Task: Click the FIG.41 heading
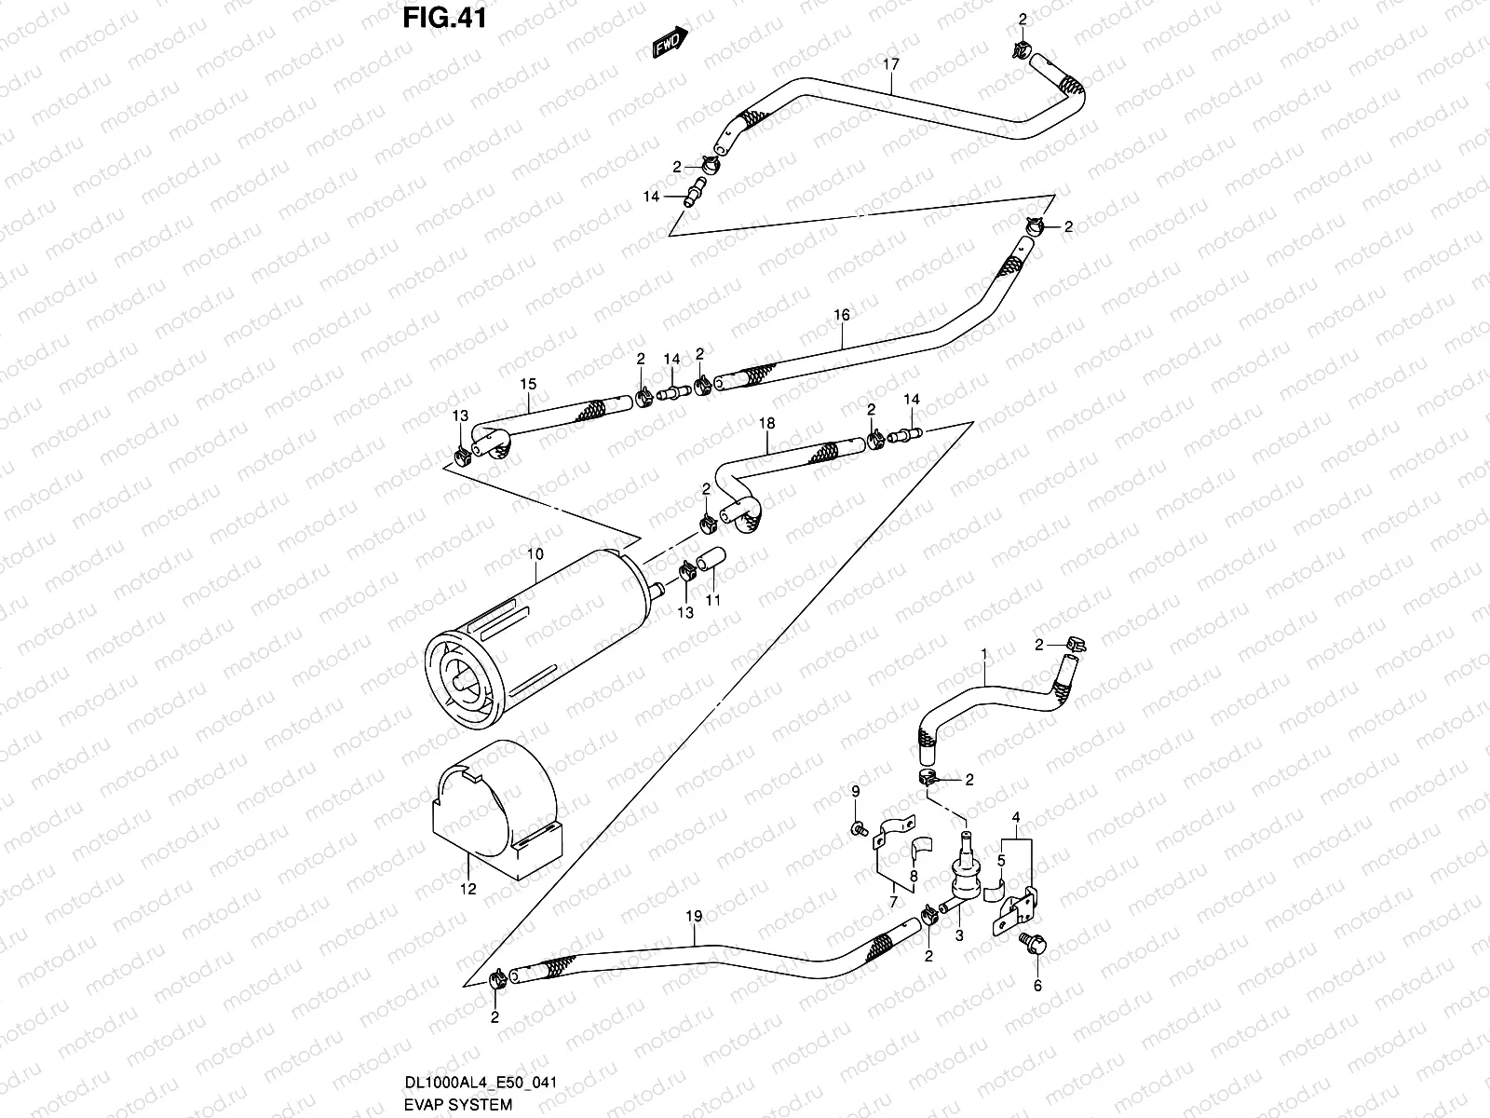(445, 18)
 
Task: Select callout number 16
(842, 316)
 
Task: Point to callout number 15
(528, 384)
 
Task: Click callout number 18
(766, 423)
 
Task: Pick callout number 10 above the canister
(535, 554)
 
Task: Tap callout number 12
(467, 889)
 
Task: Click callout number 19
(694, 916)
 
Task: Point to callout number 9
(855, 791)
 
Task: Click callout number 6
(1037, 986)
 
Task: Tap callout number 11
(712, 600)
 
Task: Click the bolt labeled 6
(1036, 944)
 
